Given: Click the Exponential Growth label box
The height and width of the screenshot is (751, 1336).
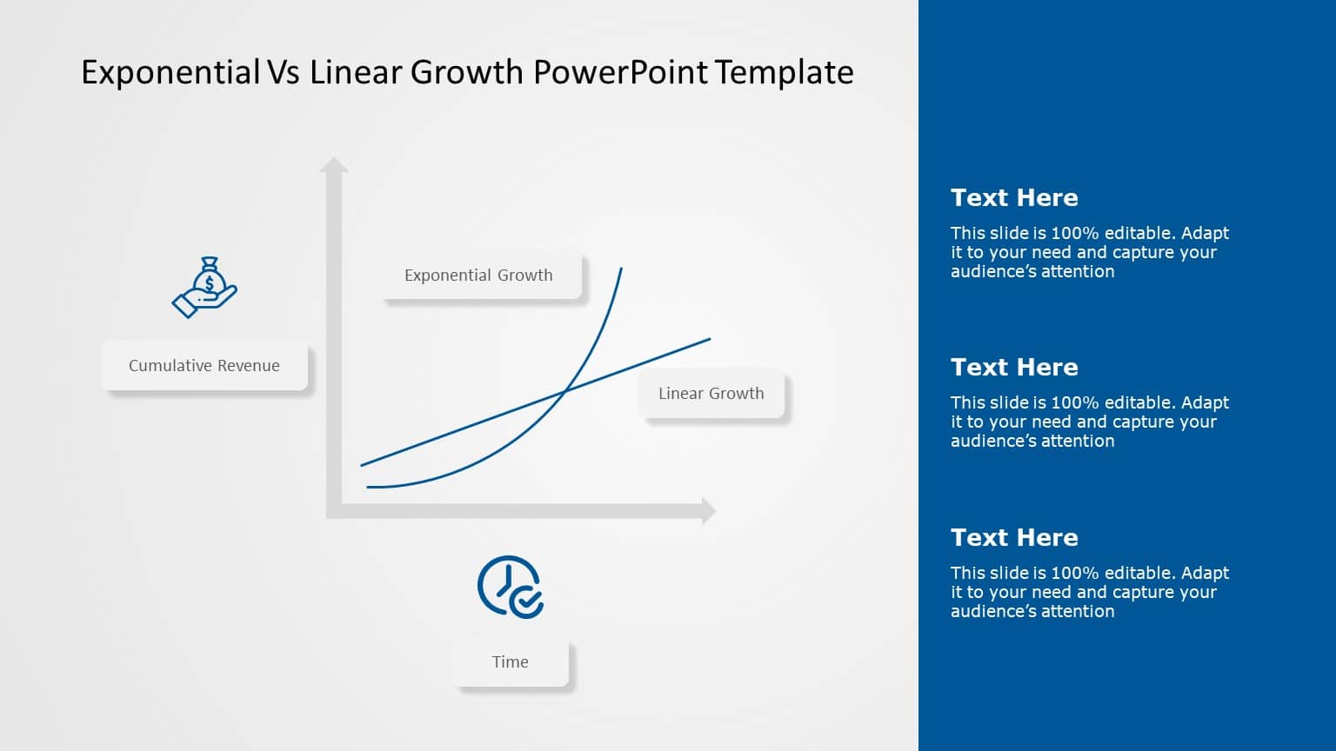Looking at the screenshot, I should tap(479, 276).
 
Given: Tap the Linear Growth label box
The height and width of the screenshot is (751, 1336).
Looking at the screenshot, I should tap(711, 394).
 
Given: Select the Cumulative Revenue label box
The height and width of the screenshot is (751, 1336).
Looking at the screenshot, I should tap(204, 366).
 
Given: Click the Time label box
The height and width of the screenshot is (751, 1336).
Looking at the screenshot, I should tap(511, 662).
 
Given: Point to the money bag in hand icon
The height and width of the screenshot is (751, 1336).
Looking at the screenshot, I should tap(205, 288).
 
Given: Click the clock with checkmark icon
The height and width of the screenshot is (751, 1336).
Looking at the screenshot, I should tap(511, 587).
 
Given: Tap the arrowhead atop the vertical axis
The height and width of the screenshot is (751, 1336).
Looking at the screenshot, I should tap(333, 165).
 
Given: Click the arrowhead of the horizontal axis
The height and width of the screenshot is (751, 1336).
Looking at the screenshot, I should tap(708, 511).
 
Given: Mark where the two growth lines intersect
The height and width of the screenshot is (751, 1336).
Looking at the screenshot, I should tap(565, 393).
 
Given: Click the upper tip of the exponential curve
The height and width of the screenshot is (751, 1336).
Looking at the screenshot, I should tap(621, 269).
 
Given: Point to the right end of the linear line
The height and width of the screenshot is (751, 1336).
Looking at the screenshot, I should tap(709, 339).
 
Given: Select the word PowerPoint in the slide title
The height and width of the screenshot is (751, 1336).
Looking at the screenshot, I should tap(620, 72).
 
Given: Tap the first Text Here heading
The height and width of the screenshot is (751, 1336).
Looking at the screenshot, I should tap(1014, 198).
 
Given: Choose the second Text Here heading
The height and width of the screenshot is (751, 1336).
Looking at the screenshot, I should tap(1014, 368).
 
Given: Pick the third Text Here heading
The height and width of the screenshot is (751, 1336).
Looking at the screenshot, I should tap(1014, 538).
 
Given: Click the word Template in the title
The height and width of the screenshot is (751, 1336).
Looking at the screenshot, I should tap(785, 72).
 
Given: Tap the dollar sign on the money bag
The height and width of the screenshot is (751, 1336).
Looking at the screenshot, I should tap(210, 283).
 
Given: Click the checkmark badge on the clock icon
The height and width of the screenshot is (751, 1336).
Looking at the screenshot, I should tap(526, 601).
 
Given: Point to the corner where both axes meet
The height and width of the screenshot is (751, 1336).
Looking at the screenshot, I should tap(334, 511).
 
